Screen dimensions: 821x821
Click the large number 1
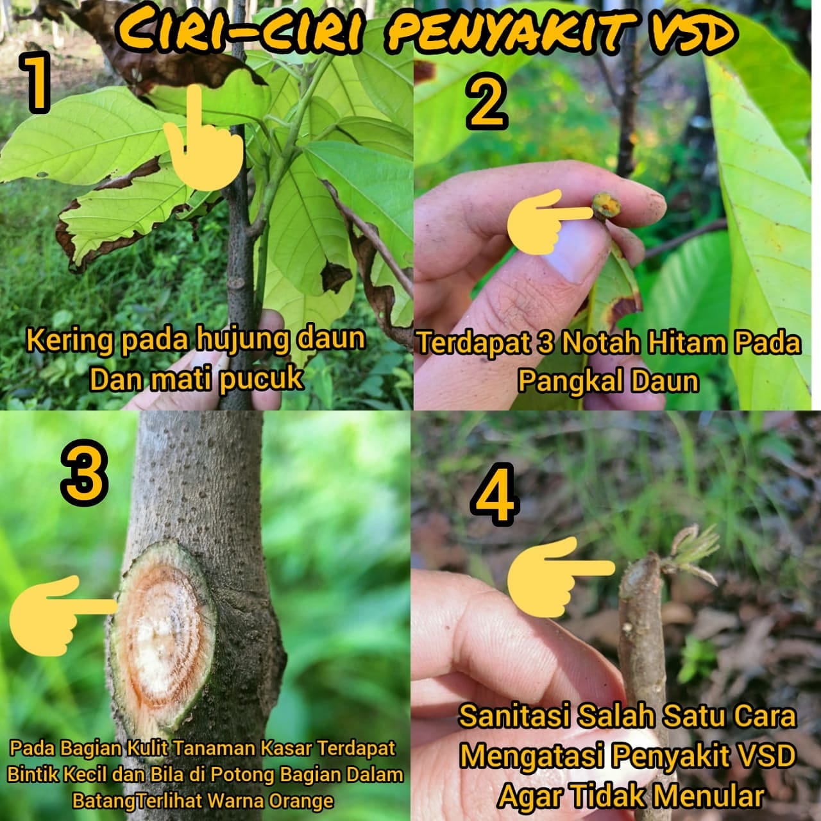click(37, 85)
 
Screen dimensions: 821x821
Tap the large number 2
click(487, 101)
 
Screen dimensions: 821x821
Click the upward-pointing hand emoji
click(203, 137)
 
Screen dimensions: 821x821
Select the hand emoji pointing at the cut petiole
click(550, 221)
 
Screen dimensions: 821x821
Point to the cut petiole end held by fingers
click(607, 207)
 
